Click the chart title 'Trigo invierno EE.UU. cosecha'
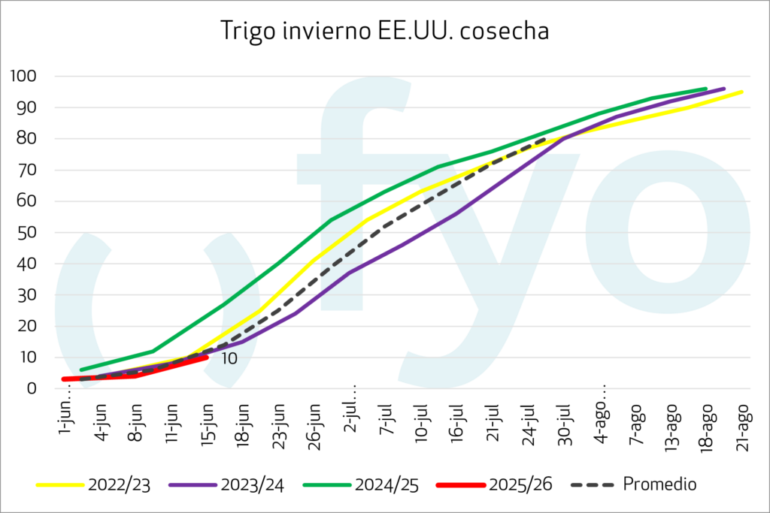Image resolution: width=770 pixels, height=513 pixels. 384,32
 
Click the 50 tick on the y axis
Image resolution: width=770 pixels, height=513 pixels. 29,232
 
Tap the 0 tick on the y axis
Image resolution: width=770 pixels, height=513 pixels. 32,388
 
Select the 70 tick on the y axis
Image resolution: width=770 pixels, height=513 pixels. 29,170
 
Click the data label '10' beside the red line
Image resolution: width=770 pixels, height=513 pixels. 229,359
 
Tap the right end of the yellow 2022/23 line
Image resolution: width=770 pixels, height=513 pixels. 742,92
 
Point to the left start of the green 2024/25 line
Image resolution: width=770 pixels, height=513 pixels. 81,370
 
